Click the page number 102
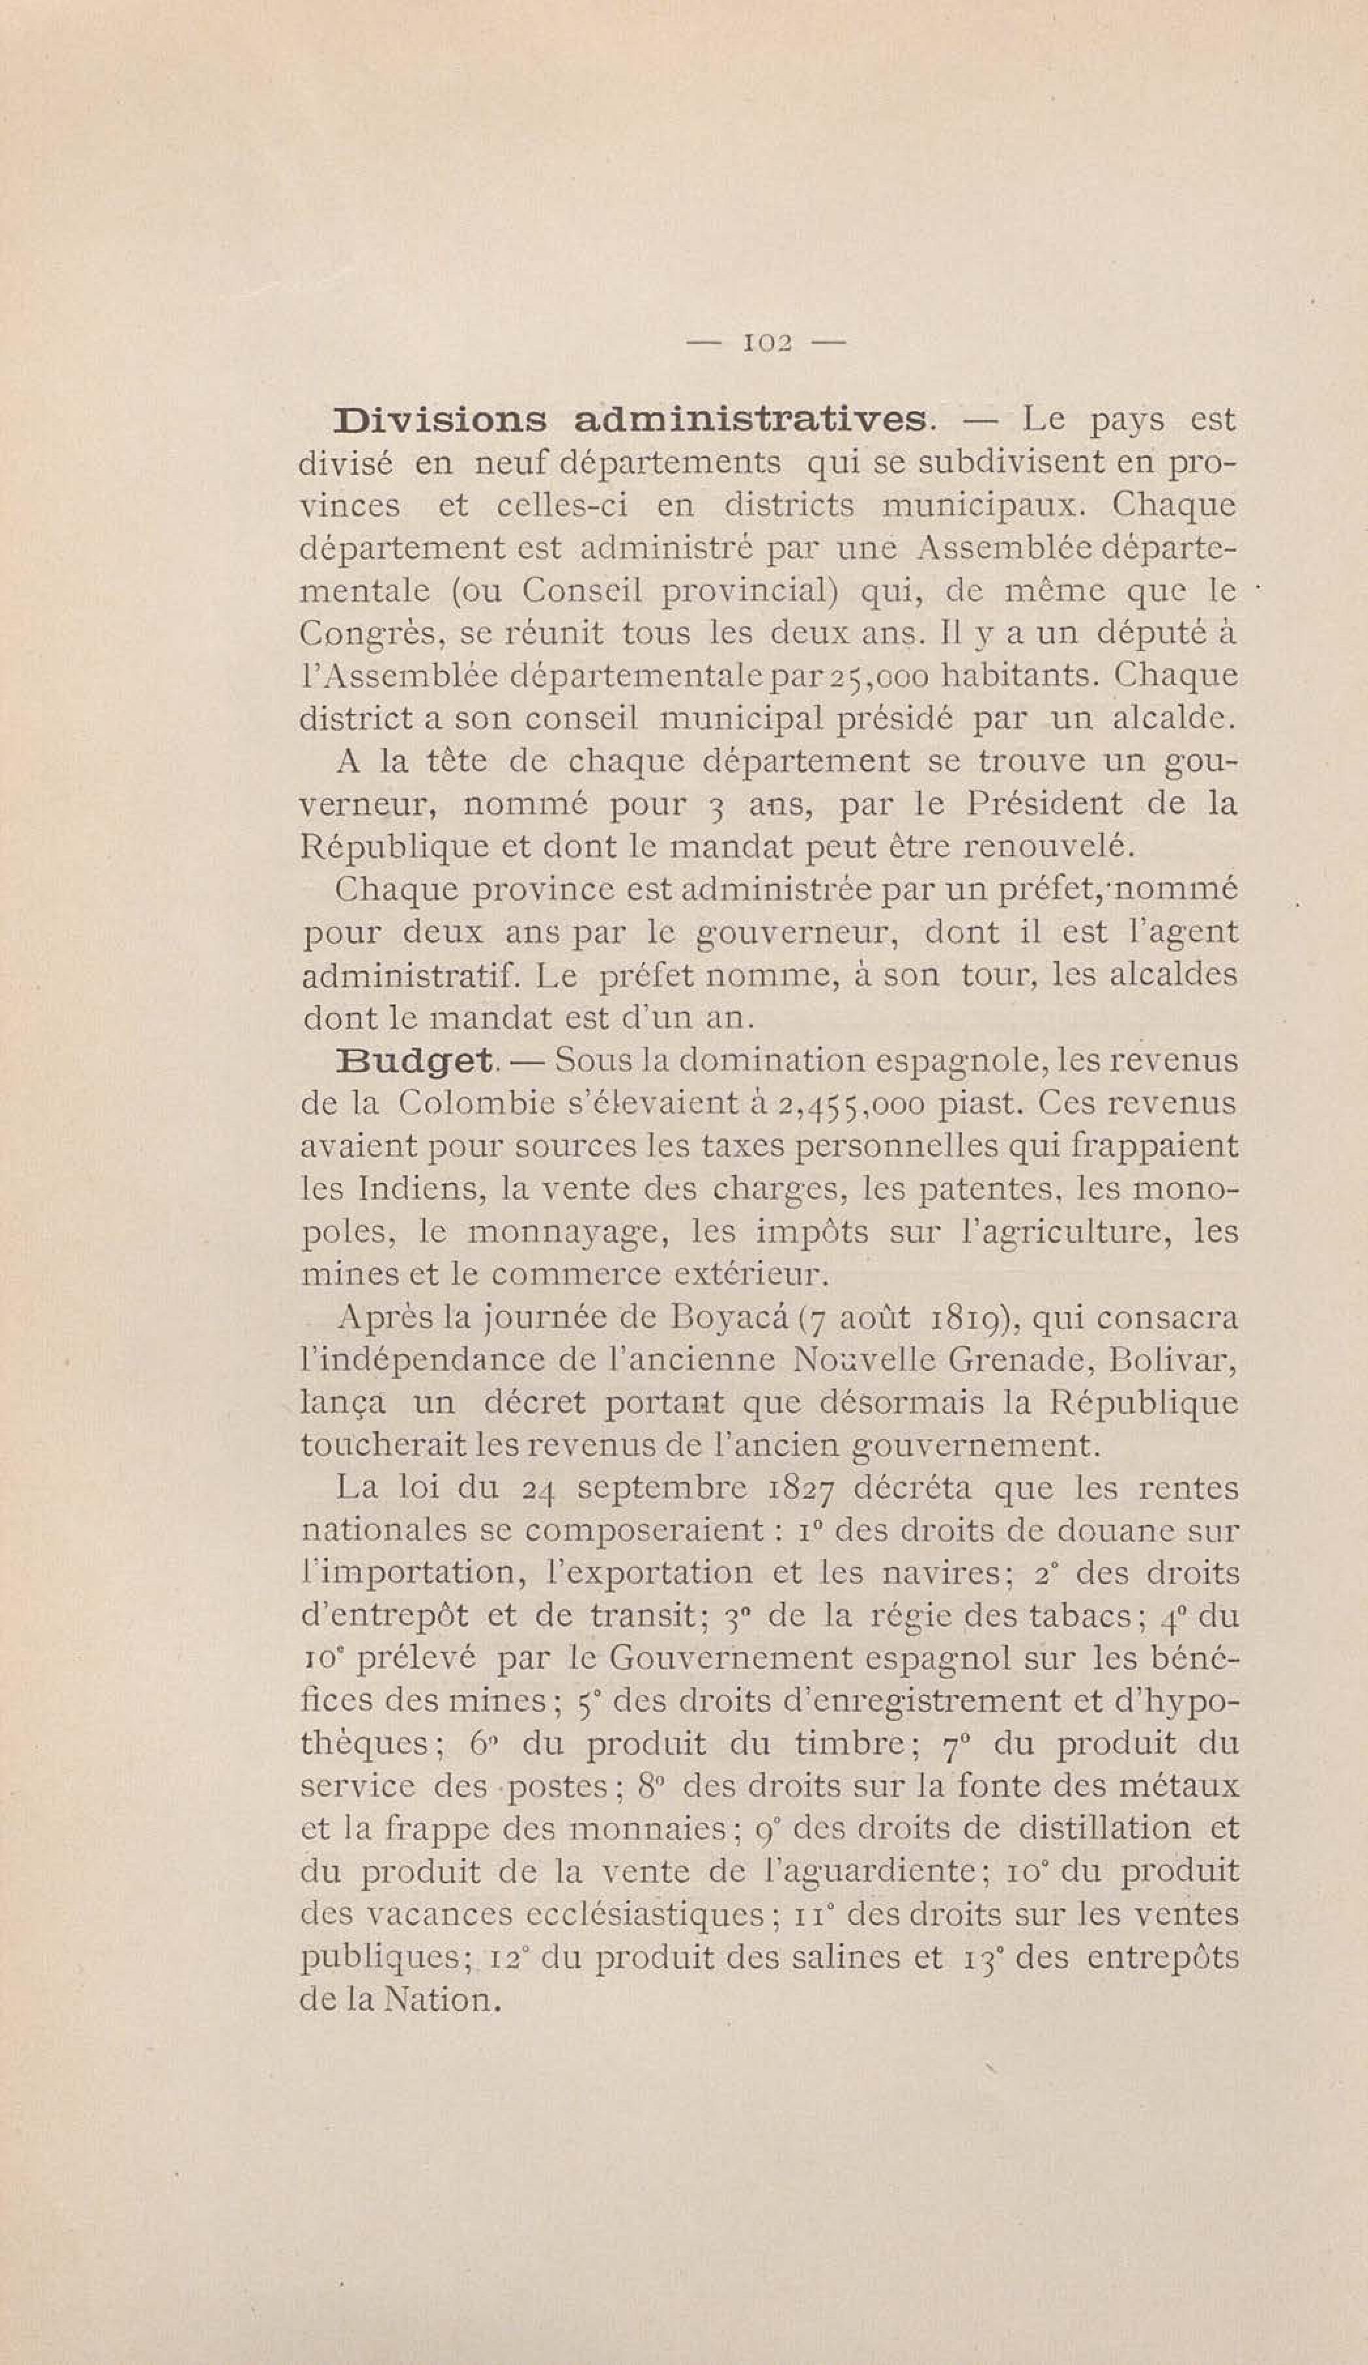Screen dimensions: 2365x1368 pyautogui.click(x=766, y=344)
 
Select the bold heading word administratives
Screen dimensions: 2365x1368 pyautogui.click(x=750, y=421)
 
